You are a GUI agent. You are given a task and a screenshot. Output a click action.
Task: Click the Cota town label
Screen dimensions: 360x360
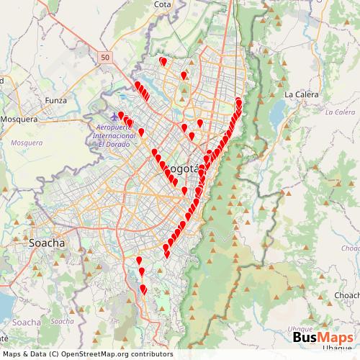[162, 4]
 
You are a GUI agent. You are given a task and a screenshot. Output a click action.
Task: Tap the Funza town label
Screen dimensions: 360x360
[56, 100]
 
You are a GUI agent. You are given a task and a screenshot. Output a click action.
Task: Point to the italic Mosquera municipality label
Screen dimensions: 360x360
[27, 143]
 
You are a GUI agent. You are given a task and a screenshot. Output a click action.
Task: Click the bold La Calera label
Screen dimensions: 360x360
[301, 94]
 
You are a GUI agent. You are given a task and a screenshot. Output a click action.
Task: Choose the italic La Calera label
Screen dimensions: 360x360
[340, 112]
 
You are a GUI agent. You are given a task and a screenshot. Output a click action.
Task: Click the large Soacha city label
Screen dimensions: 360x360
[47, 243]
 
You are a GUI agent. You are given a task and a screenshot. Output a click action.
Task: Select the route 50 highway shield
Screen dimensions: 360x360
[106, 57]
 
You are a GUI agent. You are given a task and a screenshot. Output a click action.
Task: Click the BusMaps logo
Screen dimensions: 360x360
[323, 336]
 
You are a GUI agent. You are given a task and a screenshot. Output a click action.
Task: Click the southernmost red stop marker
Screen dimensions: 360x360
[143, 289]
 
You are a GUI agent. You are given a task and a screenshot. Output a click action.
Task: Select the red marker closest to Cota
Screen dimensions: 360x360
[163, 61]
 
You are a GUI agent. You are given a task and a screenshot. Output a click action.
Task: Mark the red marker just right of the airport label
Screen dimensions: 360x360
[141, 132]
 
